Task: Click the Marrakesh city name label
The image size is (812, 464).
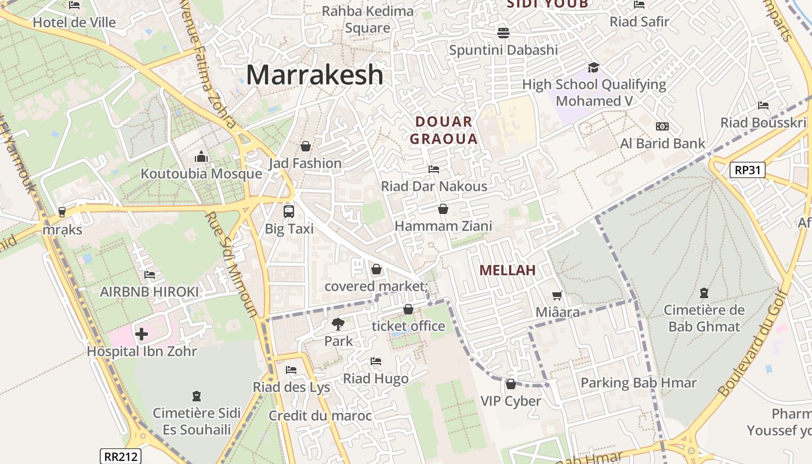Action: [315, 75]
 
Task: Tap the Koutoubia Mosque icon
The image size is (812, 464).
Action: [201, 157]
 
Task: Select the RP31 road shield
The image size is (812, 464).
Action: [748, 170]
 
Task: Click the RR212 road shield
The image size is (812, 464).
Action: [120, 456]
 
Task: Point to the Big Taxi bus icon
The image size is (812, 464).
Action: [289, 211]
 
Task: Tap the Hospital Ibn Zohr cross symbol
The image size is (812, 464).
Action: [142, 334]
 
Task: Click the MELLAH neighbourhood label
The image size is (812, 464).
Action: [507, 270]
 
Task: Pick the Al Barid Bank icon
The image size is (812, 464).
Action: [662, 126]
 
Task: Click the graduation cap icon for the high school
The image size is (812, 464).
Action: [593, 67]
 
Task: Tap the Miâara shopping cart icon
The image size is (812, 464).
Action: [557, 295]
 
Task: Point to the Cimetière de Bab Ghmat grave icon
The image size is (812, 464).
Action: [704, 293]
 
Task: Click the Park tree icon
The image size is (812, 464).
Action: [338, 324]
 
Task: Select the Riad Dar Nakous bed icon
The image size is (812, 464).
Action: [433, 169]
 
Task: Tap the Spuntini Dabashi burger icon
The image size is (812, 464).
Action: [503, 32]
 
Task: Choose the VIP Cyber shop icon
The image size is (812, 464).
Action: [510, 384]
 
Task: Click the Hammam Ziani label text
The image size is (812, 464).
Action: [443, 226]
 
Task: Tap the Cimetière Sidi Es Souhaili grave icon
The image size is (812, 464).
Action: [196, 397]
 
